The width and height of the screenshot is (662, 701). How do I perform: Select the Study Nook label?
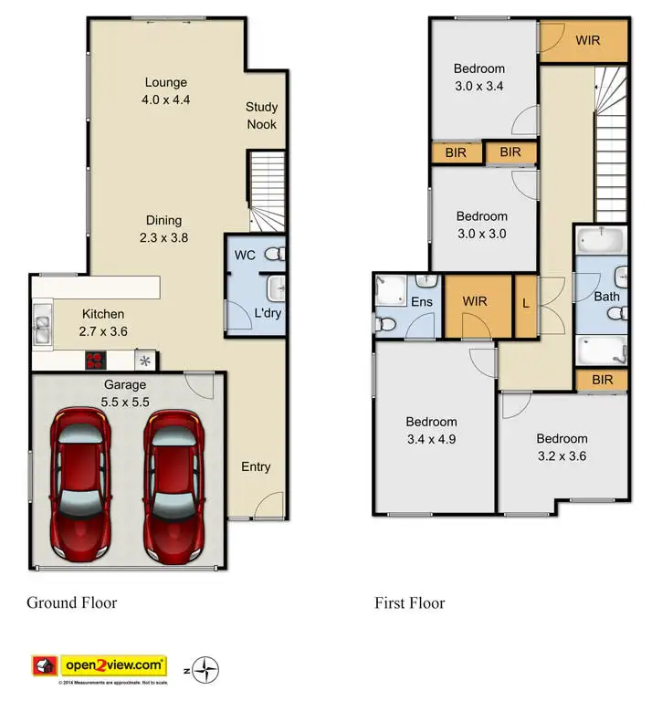click(x=261, y=116)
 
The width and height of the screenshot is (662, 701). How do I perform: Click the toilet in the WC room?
click(x=275, y=254)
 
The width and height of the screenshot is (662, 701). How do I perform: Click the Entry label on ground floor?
click(x=256, y=467)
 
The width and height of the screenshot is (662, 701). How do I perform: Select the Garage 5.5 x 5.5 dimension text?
click(x=126, y=392)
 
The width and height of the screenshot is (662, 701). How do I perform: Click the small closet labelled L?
click(x=525, y=302)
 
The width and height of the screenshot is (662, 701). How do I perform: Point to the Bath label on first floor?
click(x=606, y=296)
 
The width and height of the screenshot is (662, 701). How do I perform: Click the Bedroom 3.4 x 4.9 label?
click(x=431, y=430)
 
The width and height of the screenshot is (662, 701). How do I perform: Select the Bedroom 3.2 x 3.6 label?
click(x=561, y=446)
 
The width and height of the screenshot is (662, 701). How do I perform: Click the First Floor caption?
click(x=409, y=602)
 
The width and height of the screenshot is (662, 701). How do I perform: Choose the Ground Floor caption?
click(x=71, y=602)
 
